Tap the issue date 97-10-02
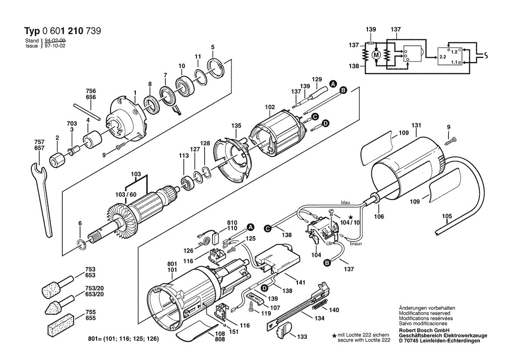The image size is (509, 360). click(x=54, y=45)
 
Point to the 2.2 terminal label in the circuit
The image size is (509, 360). click(x=442, y=57)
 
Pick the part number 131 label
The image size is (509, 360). click(x=417, y=126)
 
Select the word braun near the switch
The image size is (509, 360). click(x=356, y=244)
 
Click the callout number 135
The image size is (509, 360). click(x=236, y=126)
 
